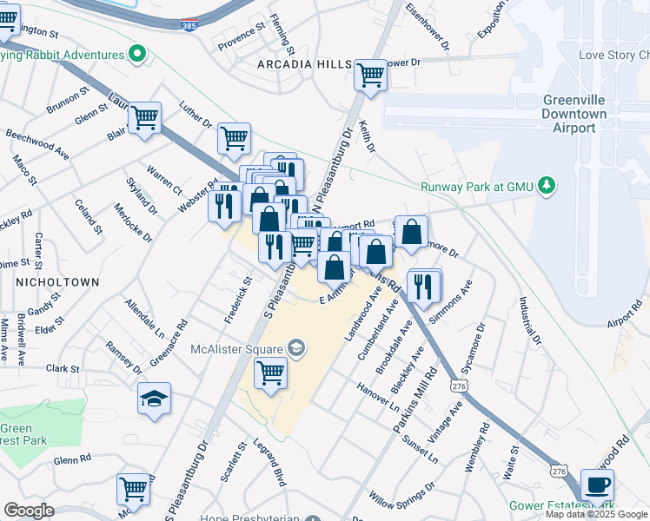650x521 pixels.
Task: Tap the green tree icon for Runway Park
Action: (546, 185)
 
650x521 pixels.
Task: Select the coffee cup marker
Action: (596, 485)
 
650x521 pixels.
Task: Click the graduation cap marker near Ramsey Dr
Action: (154, 399)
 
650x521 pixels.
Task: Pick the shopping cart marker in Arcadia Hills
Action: (370, 76)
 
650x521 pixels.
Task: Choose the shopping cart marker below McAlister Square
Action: (270, 373)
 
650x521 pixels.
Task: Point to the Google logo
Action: (29, 510)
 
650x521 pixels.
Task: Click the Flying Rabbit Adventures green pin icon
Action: (136, 55)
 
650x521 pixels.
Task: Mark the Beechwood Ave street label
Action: (37, 145)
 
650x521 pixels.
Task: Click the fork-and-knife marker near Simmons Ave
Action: (423, 286)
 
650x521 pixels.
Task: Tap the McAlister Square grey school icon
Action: (295, 349)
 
